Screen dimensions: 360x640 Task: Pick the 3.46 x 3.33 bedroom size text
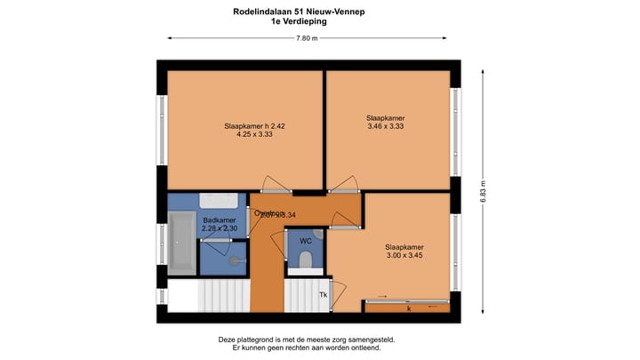point(386,127)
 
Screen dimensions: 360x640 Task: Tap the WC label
point(305,241)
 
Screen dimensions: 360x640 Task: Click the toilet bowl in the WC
point(305,259)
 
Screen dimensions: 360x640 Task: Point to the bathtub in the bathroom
point(182,242)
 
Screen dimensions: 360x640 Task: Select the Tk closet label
point(324,295)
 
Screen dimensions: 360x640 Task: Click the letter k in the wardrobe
point(408,308)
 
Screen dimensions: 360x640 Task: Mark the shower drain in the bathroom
point(233,261)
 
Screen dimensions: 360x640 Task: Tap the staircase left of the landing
point(222,295)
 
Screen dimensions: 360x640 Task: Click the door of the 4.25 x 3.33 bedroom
point(276,187)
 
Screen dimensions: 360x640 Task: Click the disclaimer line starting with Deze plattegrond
point(306,340)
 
